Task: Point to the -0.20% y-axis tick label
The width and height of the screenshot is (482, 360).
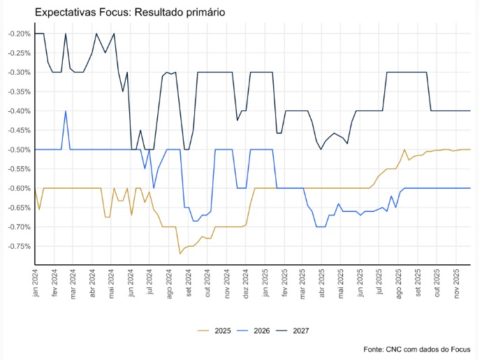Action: tap(17, 34)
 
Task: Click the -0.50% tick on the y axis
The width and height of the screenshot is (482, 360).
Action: tap(17, 150)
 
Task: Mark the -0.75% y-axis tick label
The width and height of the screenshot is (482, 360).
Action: tap(17, 246)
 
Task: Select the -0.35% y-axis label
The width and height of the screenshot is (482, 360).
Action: tap(17, 92)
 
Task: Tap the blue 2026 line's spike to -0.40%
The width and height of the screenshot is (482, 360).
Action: tap(66, 111)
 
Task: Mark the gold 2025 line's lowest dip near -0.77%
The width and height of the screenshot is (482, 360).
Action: tap(180, 253)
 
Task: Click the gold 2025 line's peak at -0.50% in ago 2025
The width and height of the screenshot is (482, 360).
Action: tap(404, 150)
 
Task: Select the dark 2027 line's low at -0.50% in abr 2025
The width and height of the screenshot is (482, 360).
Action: tap(321, 150)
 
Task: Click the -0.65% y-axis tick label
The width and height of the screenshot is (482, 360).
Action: tap(17, 208)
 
